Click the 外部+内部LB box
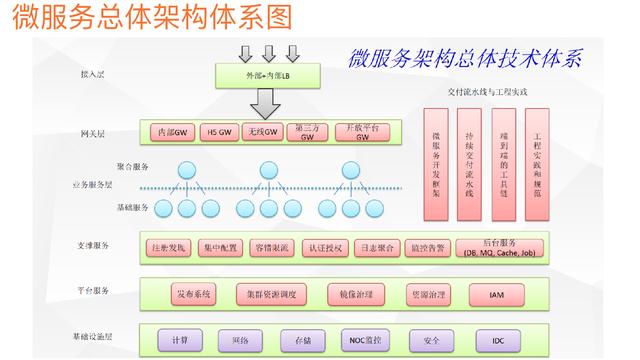(264, 75)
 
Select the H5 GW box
(217, 132)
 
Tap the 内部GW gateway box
(172, 132)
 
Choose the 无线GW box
(261, 132)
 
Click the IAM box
(498, 295)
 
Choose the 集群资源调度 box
(273, 295)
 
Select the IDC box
(498, 340)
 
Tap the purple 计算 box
(179, 340)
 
